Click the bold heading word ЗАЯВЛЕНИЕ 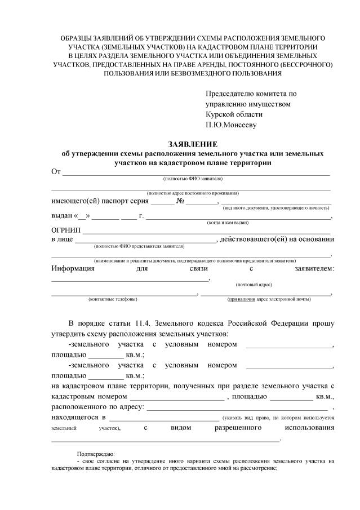[x=192, y=144]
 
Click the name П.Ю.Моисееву [x=231, y=125]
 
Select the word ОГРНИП [x=66, y=230]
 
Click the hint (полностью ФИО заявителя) [x=193, y=178]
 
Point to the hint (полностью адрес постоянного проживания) [x=193, y=193]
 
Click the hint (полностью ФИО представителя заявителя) [x=139, y=246]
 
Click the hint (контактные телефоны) [x=113, y=299]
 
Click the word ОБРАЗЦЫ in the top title [x=79, y=37]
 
